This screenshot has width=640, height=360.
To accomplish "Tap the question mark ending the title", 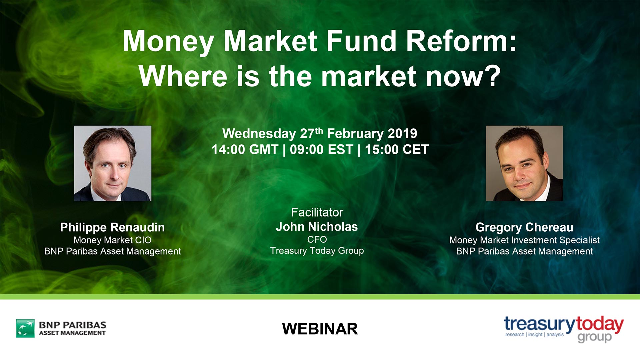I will (x=491, y=76).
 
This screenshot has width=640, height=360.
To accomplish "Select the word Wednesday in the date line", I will (x=259, y=134).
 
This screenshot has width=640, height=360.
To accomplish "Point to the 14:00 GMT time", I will (x=245, y=150).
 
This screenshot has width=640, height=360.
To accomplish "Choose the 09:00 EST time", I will (x=321, y=150).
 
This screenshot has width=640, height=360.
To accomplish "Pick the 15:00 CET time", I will (x=397, y=150).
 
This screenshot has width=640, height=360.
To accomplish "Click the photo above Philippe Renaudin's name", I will (x=113, y=163).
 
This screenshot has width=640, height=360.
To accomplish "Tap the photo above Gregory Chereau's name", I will (x=524, y=163).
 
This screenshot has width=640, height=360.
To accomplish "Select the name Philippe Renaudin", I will (x=112, y=227).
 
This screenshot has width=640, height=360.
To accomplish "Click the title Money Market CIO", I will (x=112, y=240).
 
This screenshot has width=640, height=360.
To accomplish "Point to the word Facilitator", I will (x=317, y=212).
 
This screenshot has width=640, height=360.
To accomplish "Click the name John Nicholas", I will (x=317, y=227).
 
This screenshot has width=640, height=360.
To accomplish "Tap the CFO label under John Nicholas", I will (x=317, y=239).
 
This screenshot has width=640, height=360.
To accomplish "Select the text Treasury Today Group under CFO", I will (x=317, y=251).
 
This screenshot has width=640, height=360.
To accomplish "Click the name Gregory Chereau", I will (x=524, y=227).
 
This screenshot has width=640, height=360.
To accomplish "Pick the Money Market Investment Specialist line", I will (x=524, y=240).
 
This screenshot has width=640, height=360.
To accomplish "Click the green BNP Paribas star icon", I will (x=25, y=328).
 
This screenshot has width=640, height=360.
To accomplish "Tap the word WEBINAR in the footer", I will (x=320, y=329).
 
